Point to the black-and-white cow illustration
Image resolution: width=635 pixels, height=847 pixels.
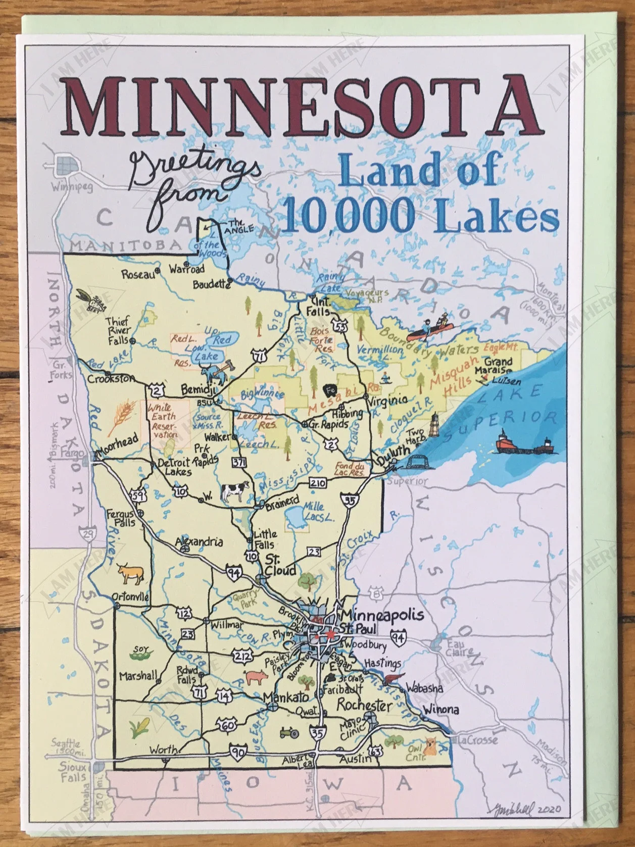(235, 490)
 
